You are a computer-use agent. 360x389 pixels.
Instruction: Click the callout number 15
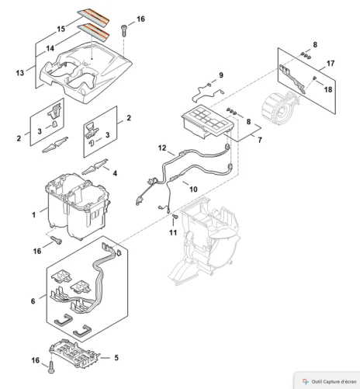coord(61,29)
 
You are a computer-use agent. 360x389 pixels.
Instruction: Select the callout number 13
coord(20,73)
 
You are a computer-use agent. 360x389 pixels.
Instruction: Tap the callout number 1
coord(33,215)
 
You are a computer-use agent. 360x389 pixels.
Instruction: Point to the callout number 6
coord(33,301)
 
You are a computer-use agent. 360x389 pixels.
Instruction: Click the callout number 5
coord(116,358)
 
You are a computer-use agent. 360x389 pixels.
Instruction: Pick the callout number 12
coord(162,148)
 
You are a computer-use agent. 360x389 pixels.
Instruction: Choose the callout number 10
coord(193,189)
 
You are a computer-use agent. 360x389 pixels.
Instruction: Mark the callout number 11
coord(173,233)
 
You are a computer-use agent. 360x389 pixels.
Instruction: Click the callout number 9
coord(221,75)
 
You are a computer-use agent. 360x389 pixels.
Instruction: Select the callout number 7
coord(260,140)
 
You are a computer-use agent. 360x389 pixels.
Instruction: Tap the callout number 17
coord(331,63)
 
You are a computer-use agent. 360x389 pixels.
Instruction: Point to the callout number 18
coord(328,89)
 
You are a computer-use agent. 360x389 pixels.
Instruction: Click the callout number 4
coord(115,173)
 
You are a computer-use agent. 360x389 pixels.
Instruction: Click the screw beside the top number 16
coord(124,30)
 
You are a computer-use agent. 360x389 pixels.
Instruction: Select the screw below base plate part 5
coord(51,368)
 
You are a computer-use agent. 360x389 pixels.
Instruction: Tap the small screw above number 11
coord(174,217)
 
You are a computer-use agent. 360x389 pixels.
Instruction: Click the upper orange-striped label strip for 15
coord(93,17)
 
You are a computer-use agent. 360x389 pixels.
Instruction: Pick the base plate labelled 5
coord(74,353)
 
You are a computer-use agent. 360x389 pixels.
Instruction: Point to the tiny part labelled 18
coord(314,78)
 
